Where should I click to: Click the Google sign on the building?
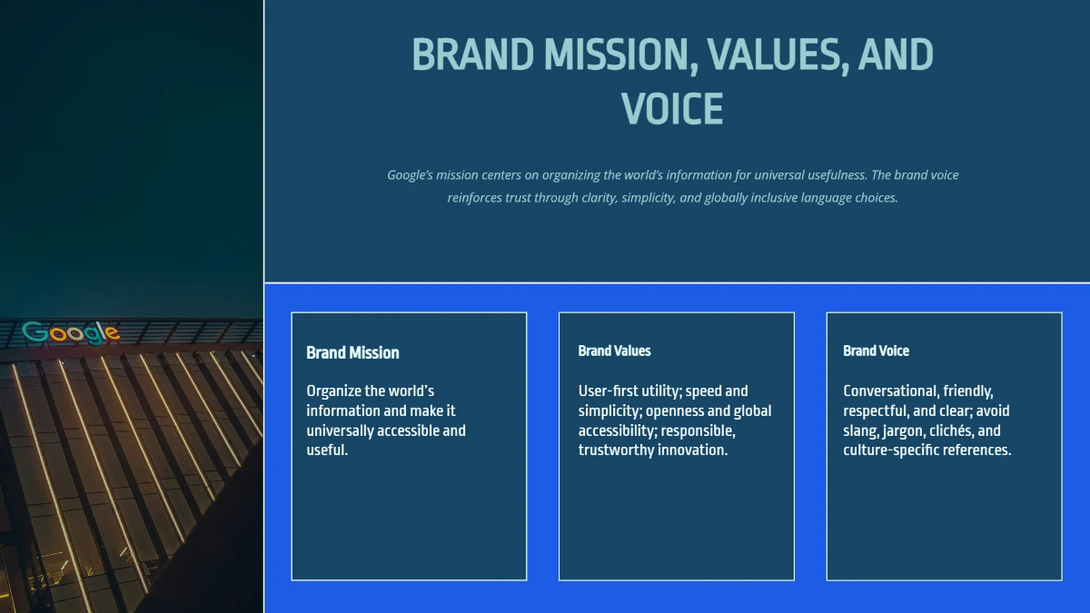[71, 332]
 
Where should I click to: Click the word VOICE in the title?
[672, 108]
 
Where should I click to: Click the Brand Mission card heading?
[352, 352]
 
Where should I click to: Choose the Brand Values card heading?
[614, 351]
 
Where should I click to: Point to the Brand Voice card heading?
[876, 351]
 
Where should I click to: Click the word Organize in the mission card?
[332, 391]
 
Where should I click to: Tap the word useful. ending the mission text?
[327, 450]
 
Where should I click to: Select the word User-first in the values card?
[609, 391]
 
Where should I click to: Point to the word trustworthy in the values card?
[616, 450]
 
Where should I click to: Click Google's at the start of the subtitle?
[411, 175]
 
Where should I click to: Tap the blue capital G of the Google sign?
[35, 332]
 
